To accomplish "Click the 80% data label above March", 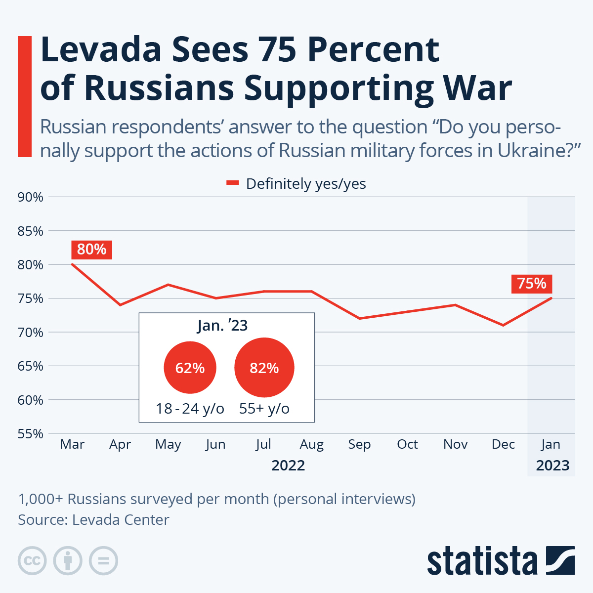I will tap(92, 250).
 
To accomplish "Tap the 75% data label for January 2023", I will tap(532, 284).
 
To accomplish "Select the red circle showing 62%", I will tap(190, 368).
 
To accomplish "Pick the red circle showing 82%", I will tap(264, 368).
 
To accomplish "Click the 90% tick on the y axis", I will tap(31, 197).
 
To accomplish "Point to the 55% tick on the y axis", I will tap(31, 434).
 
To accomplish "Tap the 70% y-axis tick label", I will tap(31, 333).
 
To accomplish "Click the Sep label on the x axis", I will tap(359, 444).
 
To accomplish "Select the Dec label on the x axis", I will tap(503, 444).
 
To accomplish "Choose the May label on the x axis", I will tap(168, 444).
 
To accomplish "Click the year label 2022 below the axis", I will tap(288, 466).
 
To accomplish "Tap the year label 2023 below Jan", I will tap(552, 466).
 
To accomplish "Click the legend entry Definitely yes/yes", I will tap(296, 184).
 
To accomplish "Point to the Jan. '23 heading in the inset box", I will tap(222, 326).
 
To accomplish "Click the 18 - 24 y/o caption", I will tap(190, 409).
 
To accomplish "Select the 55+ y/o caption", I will tap(264, 409).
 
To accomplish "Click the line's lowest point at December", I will tap(503, 325).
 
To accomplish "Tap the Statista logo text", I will tap(482, 561).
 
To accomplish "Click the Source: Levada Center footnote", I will tap(94, 520).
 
